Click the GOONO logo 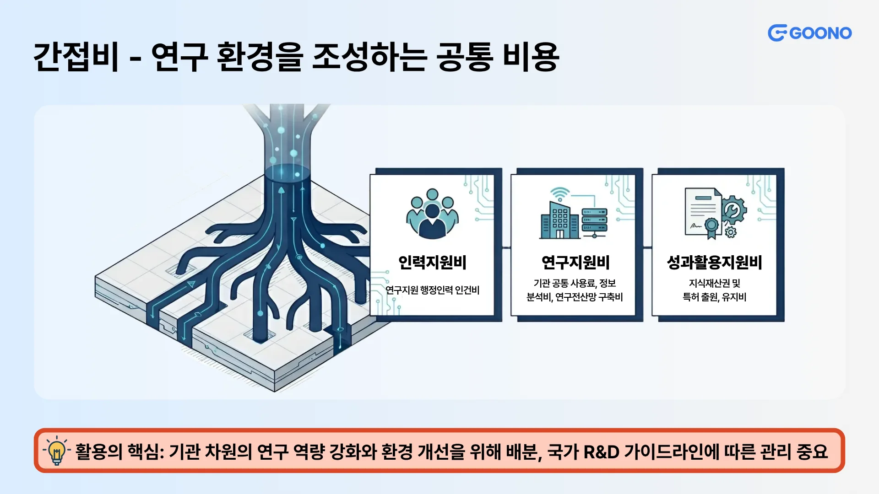point(809,33)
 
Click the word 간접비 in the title point(76,57)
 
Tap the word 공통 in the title point(465,57)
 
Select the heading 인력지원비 point(432,263)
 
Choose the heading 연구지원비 point(575,263)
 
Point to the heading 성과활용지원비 point(714,263)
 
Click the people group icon point(432,214)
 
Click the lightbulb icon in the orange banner point(57,451)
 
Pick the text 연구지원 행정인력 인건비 point(432,290)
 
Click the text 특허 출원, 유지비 point(714,297)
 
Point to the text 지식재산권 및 point(714,283)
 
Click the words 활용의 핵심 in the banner point(117,452)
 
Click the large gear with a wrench point(734,210)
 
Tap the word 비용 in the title point(531,57)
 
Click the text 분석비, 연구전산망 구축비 point(575,297)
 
